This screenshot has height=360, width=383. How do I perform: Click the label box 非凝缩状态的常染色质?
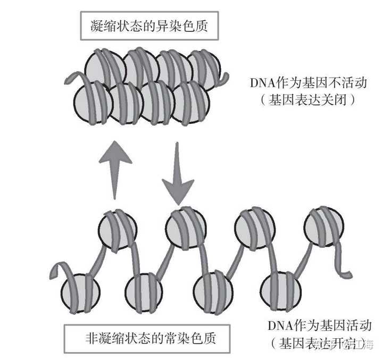(x=151, y=338)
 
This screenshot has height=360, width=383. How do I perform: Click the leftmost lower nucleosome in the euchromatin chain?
(x=80, y=292)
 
